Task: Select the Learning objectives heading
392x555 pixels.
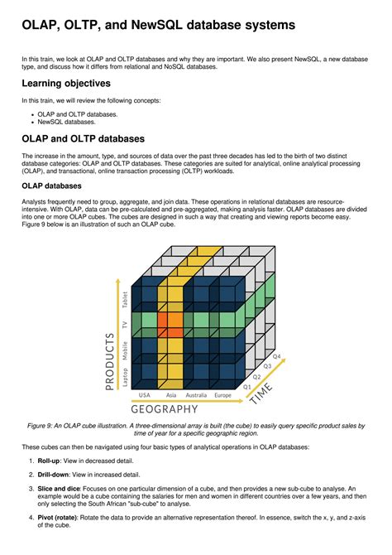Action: tap(66, 84)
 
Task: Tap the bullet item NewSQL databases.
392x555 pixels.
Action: tap(66, 122)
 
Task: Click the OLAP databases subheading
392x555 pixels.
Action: tap(51, 186)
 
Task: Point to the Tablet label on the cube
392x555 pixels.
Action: tap(124, 300)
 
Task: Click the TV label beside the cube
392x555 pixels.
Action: tap(124, 325)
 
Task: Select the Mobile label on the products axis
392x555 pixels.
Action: tap(124, 350)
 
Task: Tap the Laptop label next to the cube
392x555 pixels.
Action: tap(124, 377)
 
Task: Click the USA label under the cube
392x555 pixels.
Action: tap(144, 395)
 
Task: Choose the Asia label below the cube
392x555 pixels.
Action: tap(171, 395)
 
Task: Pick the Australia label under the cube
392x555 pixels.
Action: tap(196, 395)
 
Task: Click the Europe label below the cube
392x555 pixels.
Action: tap(222, 395)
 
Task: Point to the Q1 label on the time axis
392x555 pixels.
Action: tap(246, 387)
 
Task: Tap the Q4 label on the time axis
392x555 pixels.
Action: tap(276, 356)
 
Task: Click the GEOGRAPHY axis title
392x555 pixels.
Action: tap(165, 409)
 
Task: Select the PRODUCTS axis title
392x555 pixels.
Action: tap(110, 361)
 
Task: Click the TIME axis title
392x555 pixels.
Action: tap(261, 393)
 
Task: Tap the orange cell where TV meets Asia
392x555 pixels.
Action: tap(170, 325)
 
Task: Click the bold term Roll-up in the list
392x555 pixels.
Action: tap(49, 461)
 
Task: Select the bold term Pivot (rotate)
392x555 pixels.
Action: tap(57, 518)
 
